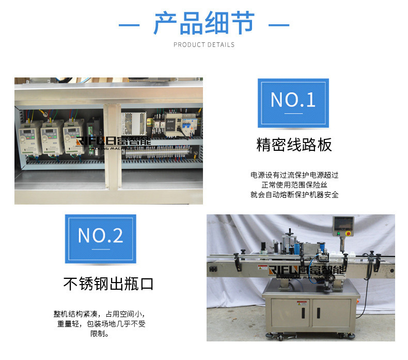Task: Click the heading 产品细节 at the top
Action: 204,24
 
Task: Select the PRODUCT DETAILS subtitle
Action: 204,45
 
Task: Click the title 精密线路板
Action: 294,145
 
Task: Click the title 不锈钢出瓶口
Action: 108,284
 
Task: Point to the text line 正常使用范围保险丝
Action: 294,185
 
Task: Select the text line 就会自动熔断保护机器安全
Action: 294,195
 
